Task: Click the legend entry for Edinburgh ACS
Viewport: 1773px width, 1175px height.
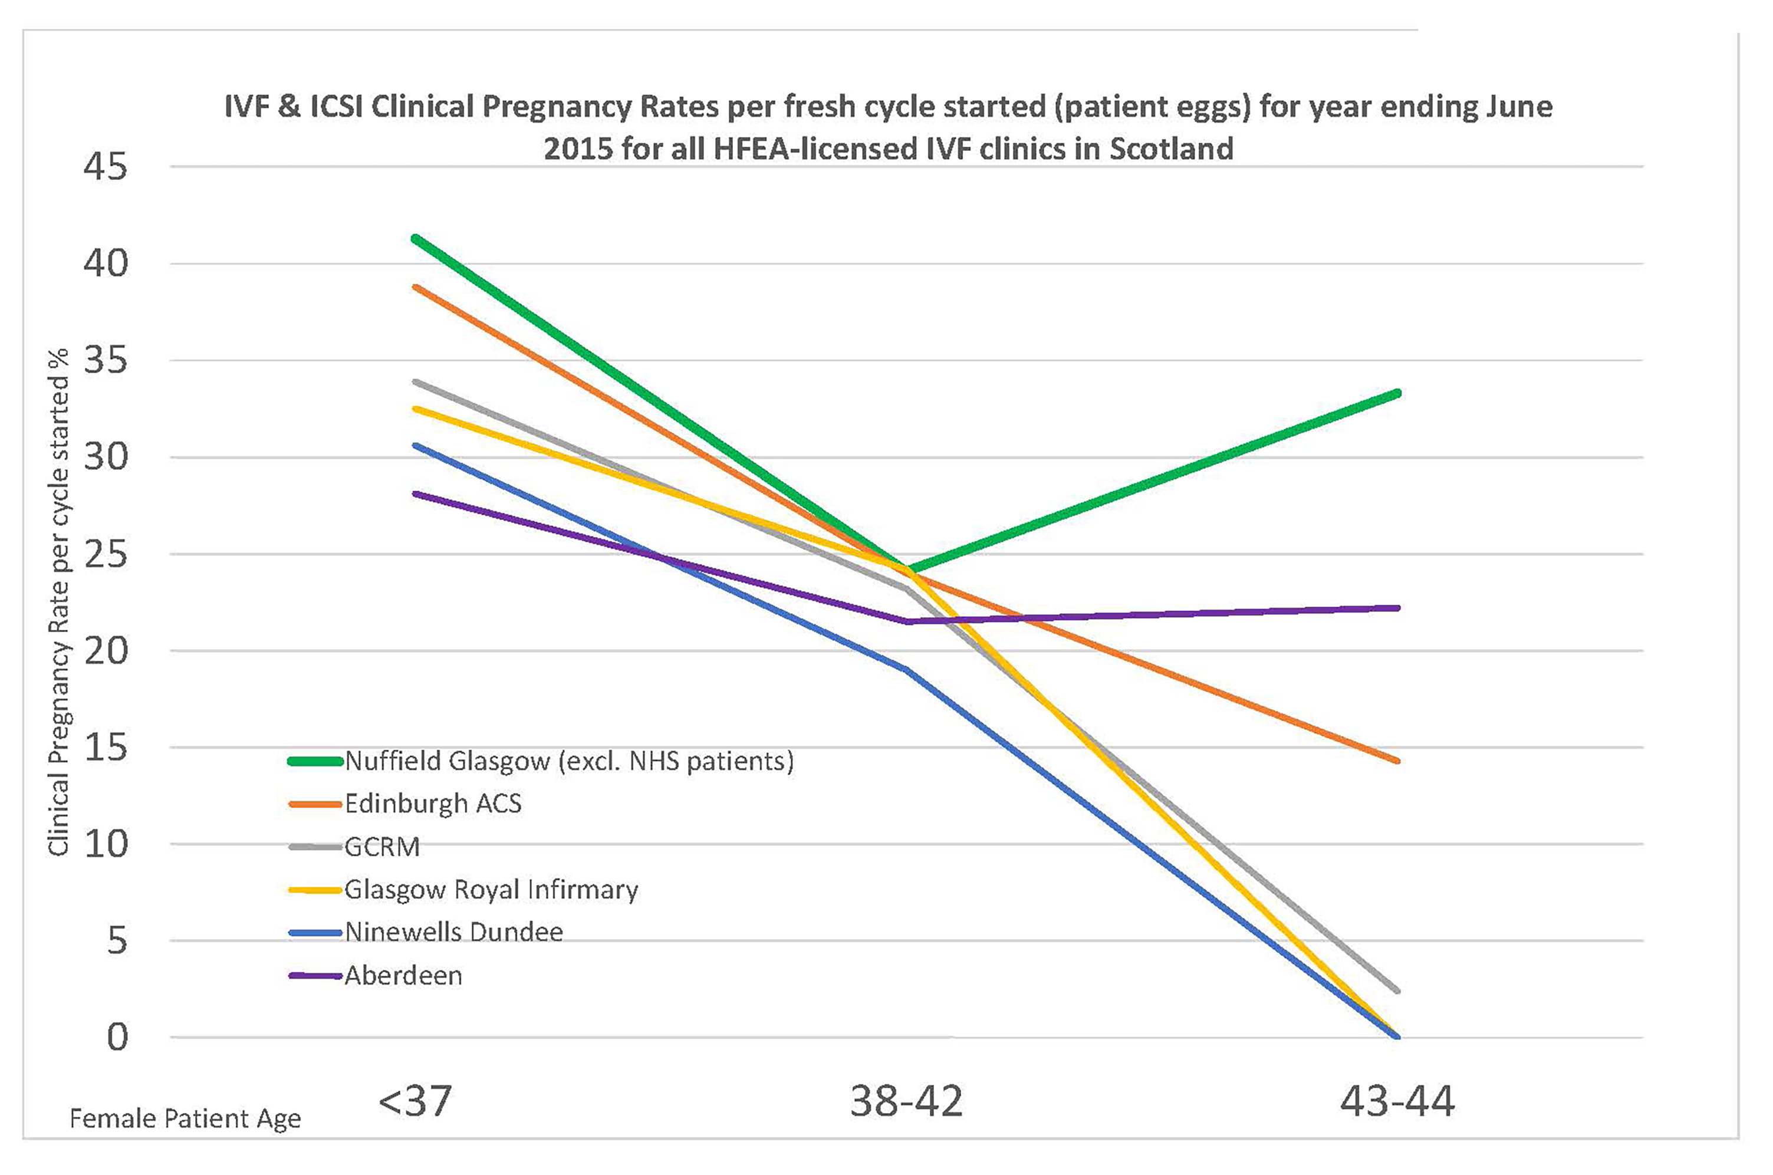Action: [x=432, y=804]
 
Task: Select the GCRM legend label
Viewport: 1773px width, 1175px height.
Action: [x=381, y=847]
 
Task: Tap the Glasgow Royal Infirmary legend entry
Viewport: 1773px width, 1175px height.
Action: [x=491, y=890]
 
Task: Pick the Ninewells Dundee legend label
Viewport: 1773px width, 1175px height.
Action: [x=453, y=932]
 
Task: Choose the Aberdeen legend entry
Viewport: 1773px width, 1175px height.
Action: [x=403, y=976]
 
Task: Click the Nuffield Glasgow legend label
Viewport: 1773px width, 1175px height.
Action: [x=568, y=761]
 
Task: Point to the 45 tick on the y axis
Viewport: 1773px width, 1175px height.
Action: [x=106, y=166]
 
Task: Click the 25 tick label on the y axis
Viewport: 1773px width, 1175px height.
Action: [x=106, y=555]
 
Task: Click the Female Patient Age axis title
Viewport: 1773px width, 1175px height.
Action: [x=185, y=1119]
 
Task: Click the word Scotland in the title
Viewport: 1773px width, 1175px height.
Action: [x=1171, y=149]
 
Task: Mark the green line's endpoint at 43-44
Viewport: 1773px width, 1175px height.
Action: [x=1397, y=393]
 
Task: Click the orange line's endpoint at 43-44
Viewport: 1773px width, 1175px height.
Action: [x=1397, y=761]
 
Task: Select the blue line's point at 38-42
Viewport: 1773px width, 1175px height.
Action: [x=907, y=669]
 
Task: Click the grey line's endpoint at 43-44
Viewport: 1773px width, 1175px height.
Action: [x=1397, y=990]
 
